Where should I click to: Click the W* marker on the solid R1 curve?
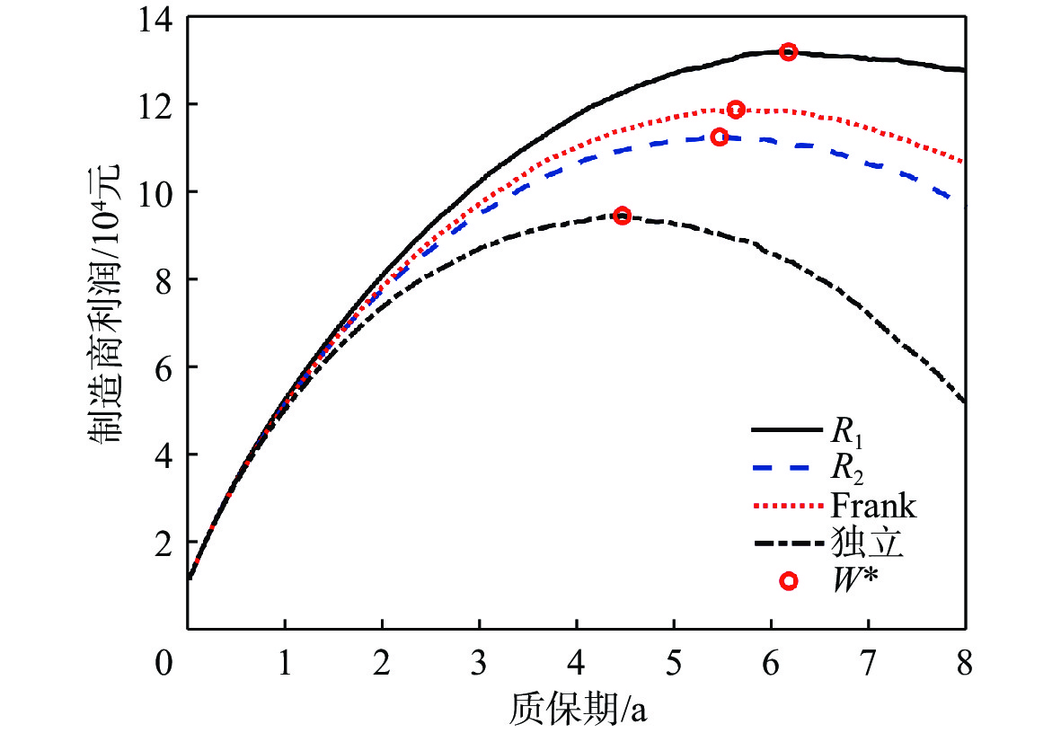point(788,52)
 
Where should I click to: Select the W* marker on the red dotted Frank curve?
point(736,110)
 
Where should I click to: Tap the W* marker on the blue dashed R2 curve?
point(719,137)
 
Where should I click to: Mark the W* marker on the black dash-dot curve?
point(622,216)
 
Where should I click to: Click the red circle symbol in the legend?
point(788,581)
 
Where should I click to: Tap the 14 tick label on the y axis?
point(156,18)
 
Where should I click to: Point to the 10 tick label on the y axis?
point(156,192)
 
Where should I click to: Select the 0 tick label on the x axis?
point(164,666)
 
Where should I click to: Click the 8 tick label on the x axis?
point(965,666)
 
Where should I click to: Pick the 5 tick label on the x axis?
point(674,666)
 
